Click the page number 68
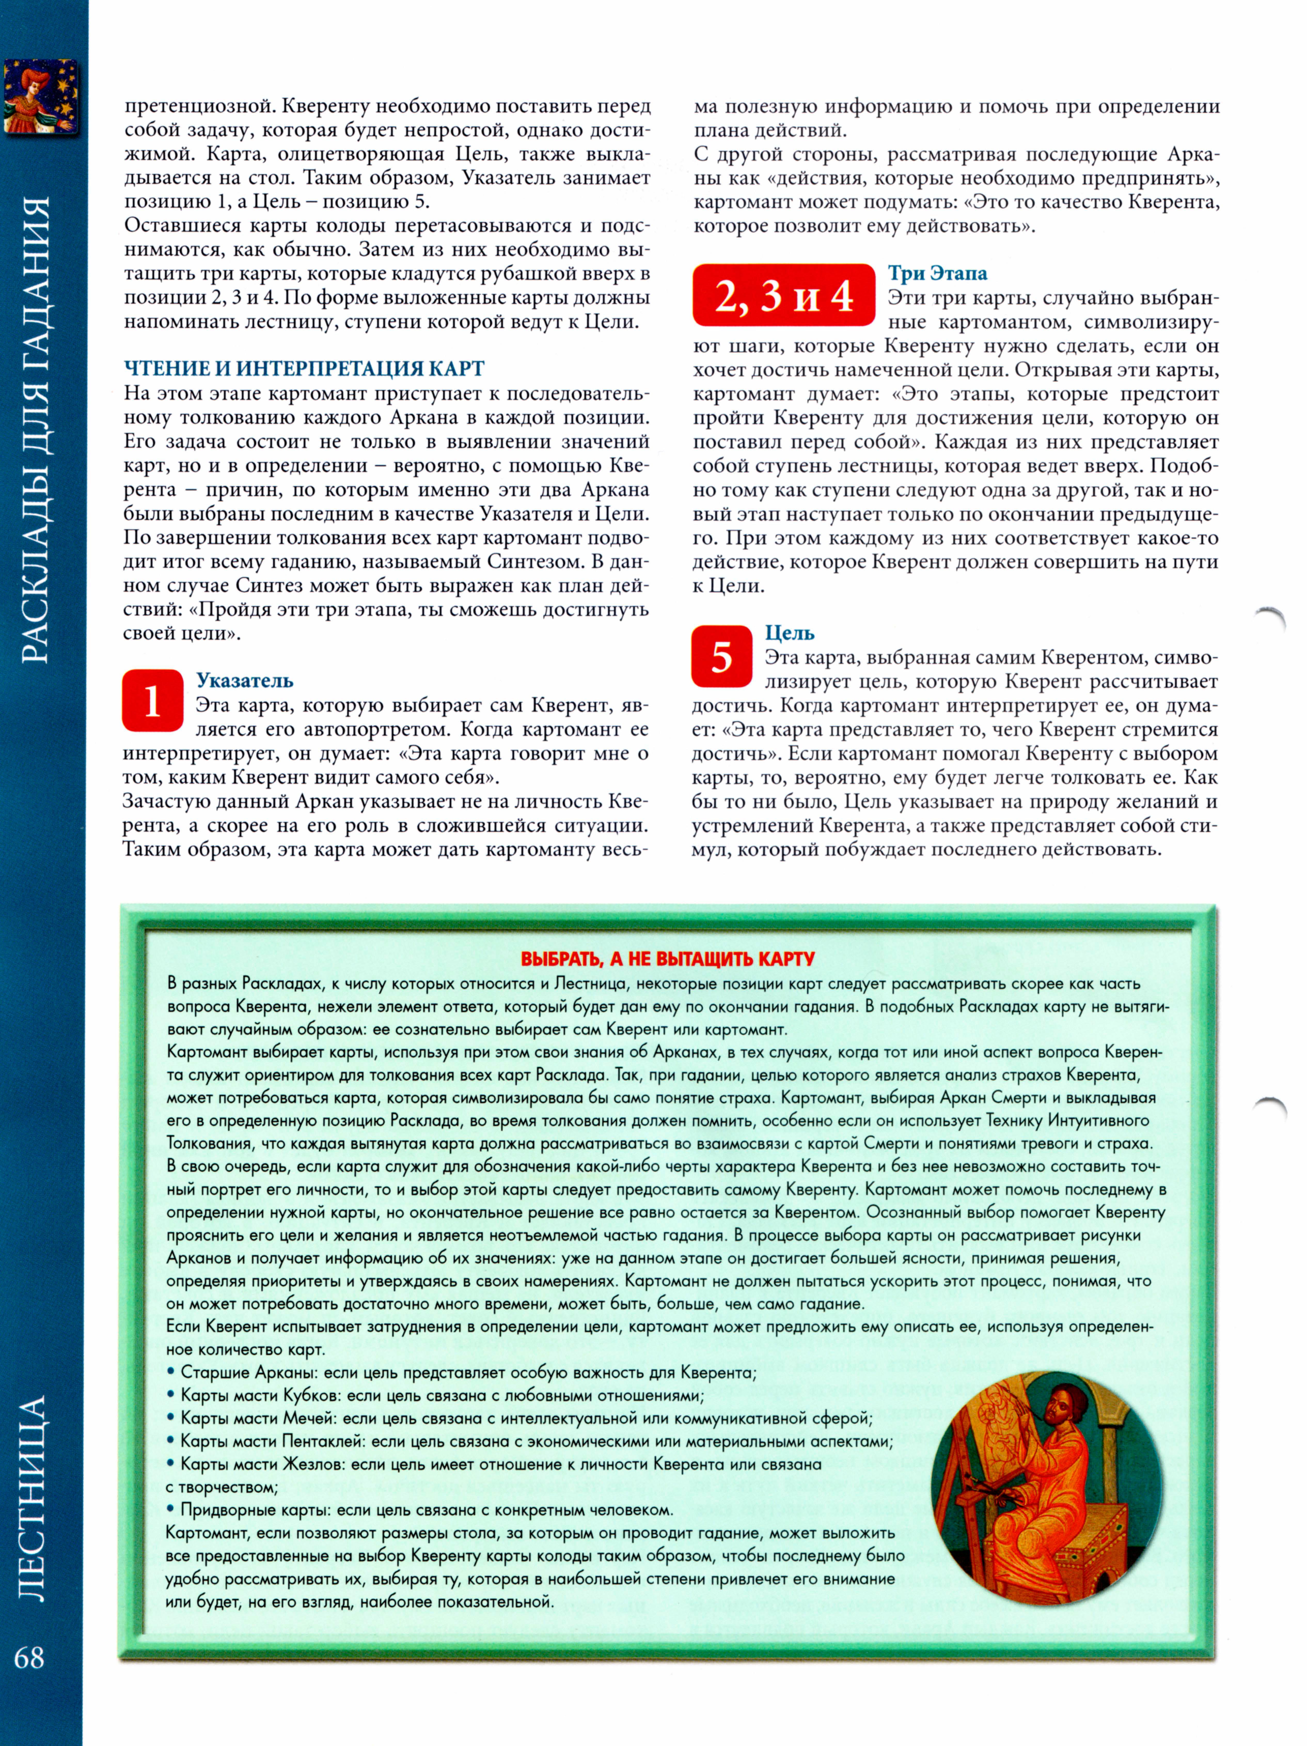(x=29, y=1656)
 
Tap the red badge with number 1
(x=152, y=701)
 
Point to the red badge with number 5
(x=721, y=656)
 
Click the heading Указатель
(x=245, y=680)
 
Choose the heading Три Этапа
(x=937, y=273)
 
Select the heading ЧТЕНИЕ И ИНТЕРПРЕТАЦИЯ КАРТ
(x=304, y=369)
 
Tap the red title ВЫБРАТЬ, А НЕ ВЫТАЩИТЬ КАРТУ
(x=668, y=959)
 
